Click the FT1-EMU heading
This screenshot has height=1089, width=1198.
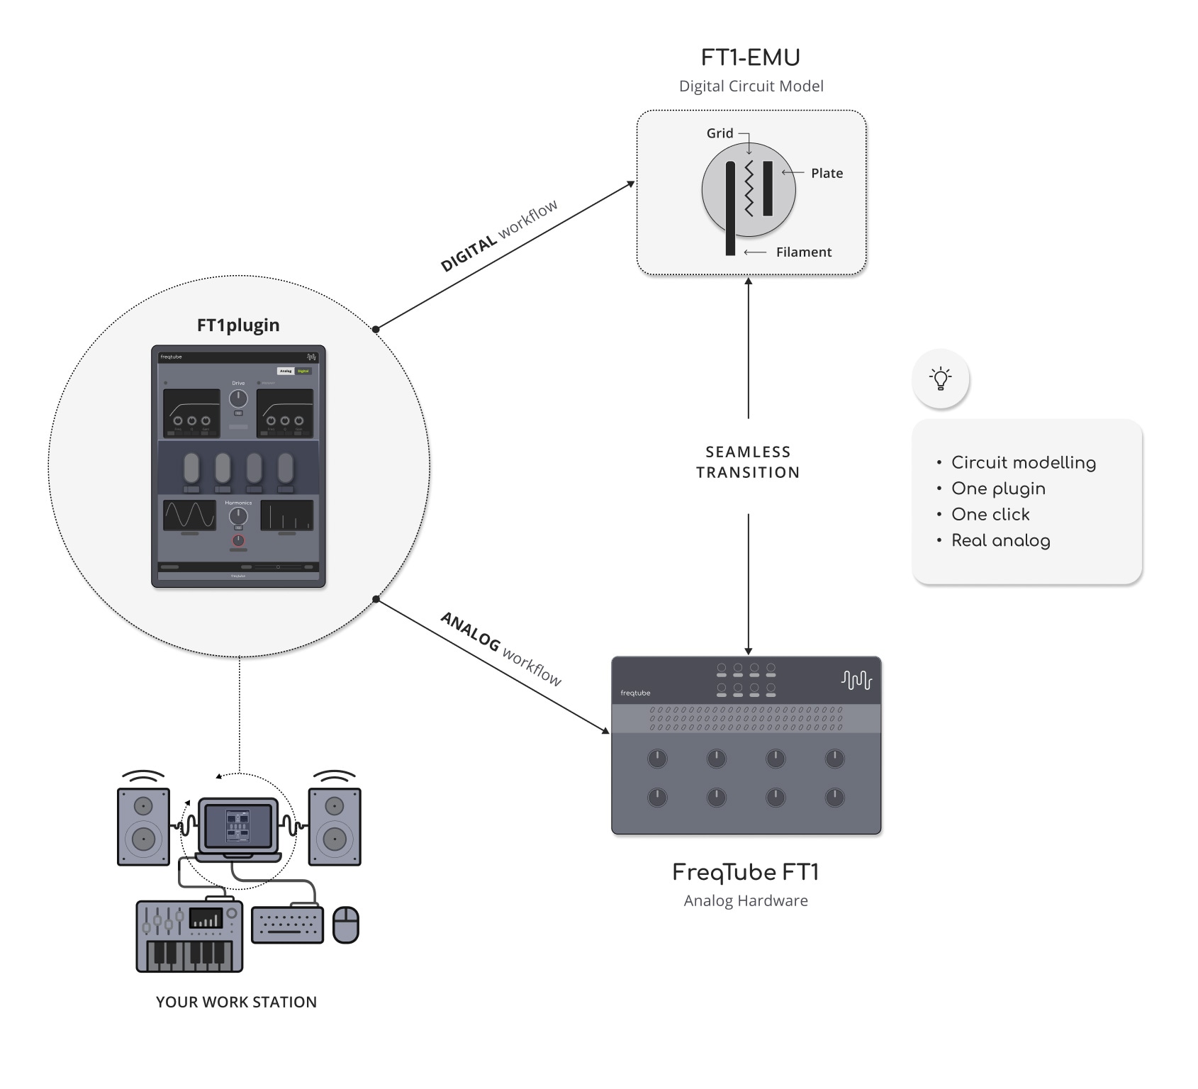coord(750,57)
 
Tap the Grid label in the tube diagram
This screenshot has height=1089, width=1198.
coord(720,133)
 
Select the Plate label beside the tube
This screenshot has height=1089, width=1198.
coord(827,173)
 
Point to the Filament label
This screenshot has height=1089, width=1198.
coord(803,252)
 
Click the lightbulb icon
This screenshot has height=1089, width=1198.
coord(941,379)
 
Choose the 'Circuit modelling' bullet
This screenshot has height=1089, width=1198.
coord(1023,463)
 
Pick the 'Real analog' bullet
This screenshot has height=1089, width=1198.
coord(1000,541)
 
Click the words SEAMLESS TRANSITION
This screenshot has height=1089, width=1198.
coord(748,462)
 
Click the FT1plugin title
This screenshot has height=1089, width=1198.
coord(238,325)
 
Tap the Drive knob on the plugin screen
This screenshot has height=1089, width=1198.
coord(238,398)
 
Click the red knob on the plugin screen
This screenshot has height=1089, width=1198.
coord(238,540)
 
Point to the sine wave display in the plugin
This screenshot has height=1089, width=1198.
coord(189,515)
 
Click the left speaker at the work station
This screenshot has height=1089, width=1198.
coord(143,826)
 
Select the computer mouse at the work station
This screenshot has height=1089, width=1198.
coord(346,925)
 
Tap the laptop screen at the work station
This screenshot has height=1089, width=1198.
coord(237,826)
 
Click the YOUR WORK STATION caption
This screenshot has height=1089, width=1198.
coord(236,1003)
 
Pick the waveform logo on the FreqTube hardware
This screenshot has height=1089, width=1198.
coord(856,681)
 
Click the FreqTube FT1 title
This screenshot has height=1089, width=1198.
coord(745,873)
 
